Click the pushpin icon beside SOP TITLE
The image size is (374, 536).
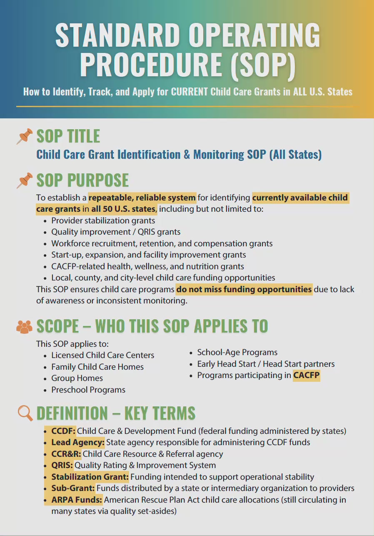(x=25, y=136)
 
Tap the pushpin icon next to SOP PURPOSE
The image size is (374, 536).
(x=25, y=180)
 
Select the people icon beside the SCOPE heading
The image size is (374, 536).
(x=24, y=326)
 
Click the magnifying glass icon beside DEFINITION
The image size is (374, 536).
(x=25, y=413)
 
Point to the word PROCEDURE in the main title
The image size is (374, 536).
(x=151, y=64)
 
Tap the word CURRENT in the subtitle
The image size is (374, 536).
(x=189, y=92)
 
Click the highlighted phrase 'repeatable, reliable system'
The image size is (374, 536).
(x=142, y=198)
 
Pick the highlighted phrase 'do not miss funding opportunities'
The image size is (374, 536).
(x=244, y=289)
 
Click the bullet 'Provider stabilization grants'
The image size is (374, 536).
(x=103, y=220)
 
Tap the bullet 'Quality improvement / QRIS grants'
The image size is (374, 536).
(x=116, y=232)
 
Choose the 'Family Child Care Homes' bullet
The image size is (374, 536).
(x=97, y=367)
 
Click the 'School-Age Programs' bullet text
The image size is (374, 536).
(x=237, y=352)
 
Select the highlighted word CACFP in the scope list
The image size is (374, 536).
(x=306, y=376)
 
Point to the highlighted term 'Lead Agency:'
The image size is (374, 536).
(x=78, y=442)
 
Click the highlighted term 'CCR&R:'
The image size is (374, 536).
(x=66, y=454)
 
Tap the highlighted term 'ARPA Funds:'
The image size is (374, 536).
(x=77, y=500)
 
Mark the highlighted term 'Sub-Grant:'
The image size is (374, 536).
(x=73, y=488)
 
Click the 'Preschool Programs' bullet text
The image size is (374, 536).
(x=88, y=390)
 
